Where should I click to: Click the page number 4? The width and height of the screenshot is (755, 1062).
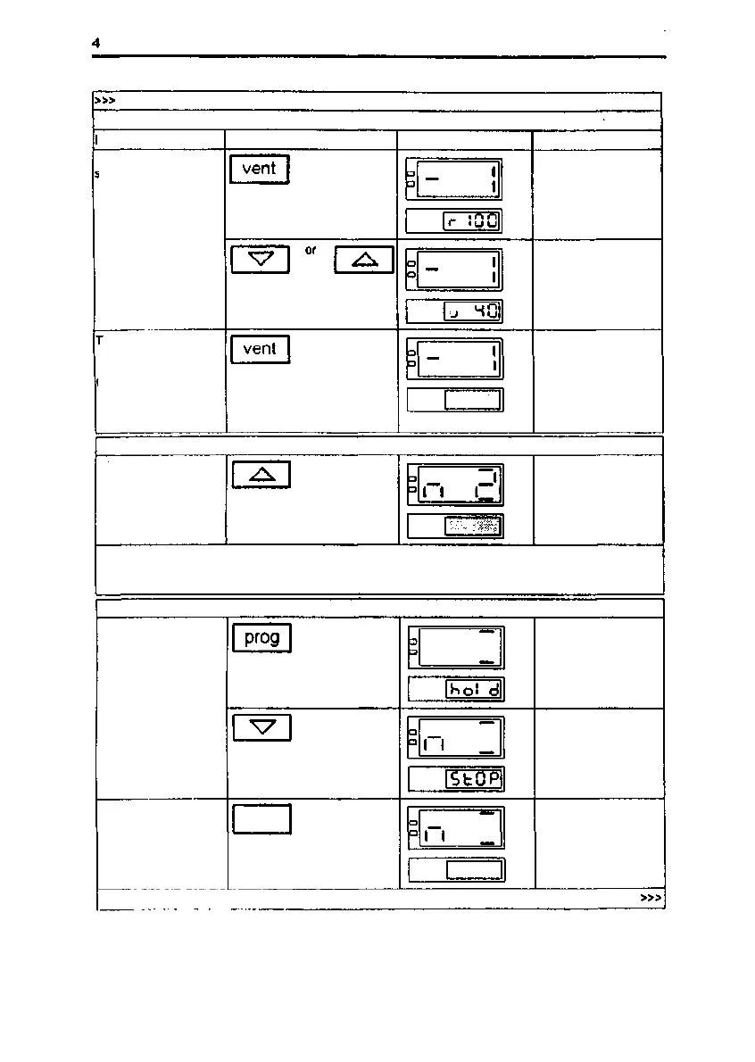(95, 42)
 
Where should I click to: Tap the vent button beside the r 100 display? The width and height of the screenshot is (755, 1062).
(260, 169)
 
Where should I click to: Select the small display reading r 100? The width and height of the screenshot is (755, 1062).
(472, 221)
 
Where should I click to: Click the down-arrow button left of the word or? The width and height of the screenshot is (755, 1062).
(260, 260)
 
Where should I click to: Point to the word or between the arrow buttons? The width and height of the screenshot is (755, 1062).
(311, 252)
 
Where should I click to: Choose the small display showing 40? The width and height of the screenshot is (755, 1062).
(473, 311)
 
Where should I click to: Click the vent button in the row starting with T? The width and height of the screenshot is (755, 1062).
(260, 349)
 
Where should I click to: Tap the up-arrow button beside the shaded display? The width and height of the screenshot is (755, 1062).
(261, 476)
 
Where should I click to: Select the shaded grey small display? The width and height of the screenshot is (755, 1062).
(474, 527)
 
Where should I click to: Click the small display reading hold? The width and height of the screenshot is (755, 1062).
(474, 689)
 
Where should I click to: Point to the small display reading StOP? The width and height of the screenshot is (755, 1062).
(474, 779)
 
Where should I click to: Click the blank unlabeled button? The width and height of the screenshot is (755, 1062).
(261, 818)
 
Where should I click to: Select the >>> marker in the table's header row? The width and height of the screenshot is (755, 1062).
(105, 101)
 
